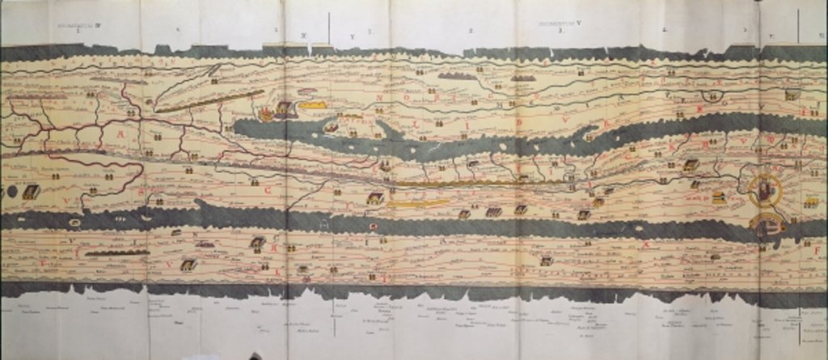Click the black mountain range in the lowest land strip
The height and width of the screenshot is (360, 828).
(x=116, y=253)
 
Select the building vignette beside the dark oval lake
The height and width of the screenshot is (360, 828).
(x=31, y=192)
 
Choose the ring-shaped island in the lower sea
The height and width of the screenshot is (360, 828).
(x=373, y=227)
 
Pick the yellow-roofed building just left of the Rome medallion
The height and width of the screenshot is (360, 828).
(x=718, y=197)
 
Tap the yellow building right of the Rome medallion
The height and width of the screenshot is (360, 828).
(x=810, y=201)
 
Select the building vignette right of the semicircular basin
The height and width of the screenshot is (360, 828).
(x=792, y=95)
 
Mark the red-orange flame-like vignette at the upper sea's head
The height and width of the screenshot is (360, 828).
(x=266, y=114)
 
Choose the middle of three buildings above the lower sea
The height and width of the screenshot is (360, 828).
(x=492, y=211)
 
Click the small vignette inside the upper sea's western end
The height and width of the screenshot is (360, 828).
(x=331, y=127)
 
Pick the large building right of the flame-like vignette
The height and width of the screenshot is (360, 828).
(x=285, y=108)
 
